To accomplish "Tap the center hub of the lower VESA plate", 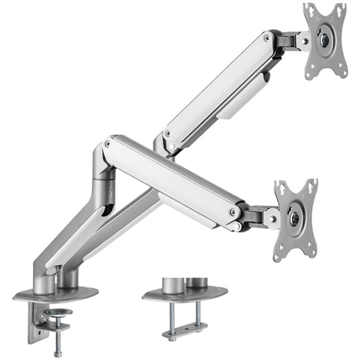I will click(x=295, y=218).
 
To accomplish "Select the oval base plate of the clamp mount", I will click(x=56, y=295).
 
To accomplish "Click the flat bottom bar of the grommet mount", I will click(x=185, y=330).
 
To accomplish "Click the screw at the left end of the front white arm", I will click(x=107, y=145).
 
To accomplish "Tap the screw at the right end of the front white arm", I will click(x=233, y=212).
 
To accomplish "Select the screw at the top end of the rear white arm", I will click(x=266, y=38).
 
